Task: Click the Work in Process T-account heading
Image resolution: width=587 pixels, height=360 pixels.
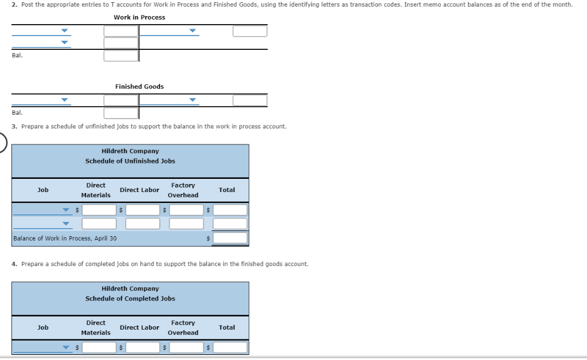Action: click(139, 17)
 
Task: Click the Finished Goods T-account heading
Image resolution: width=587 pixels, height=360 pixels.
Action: click(139, 87)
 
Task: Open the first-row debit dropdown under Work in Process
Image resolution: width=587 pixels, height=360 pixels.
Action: click(64, 31)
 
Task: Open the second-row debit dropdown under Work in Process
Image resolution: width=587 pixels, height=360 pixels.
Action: click(64, 42)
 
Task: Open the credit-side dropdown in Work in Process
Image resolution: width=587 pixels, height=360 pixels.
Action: click(192, 31)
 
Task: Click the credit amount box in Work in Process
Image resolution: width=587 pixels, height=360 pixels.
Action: click(249, 31)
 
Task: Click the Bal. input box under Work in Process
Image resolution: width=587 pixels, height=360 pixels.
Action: click(121, 56)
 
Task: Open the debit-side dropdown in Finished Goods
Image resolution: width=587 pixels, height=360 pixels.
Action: click(64, 100)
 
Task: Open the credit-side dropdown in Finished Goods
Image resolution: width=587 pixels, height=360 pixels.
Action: click(192, 100)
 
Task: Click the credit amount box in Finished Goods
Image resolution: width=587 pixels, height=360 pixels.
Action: click(249, 100)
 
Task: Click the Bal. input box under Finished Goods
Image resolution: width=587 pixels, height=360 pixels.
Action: click(121, 113)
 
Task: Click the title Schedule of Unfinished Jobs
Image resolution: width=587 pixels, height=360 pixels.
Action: click(130, 161)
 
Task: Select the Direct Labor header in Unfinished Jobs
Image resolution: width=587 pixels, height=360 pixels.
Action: click(139, 190)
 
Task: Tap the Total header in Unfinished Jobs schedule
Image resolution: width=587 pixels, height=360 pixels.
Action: click(226, 190)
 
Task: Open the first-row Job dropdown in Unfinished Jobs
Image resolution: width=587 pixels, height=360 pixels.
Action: click(66, 210)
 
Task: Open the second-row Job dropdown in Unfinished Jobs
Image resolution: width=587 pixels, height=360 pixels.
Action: click(66, 224)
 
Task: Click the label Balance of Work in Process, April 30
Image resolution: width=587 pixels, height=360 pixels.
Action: click(65, 238)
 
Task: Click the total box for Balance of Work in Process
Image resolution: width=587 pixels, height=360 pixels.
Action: click(230, 238)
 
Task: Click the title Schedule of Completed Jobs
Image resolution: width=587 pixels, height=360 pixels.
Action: click(130, 299)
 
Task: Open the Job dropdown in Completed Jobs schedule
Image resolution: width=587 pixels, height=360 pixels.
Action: click(66, 347)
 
